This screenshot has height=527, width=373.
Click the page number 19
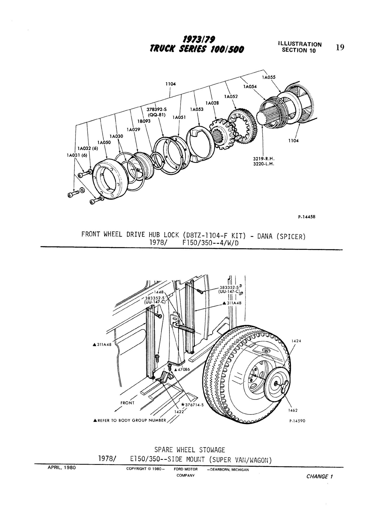coord(340,47)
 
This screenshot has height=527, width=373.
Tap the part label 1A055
coord(269,77)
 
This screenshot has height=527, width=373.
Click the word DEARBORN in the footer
coord(219,470)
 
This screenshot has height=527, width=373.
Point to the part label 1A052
coord(231,96)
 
